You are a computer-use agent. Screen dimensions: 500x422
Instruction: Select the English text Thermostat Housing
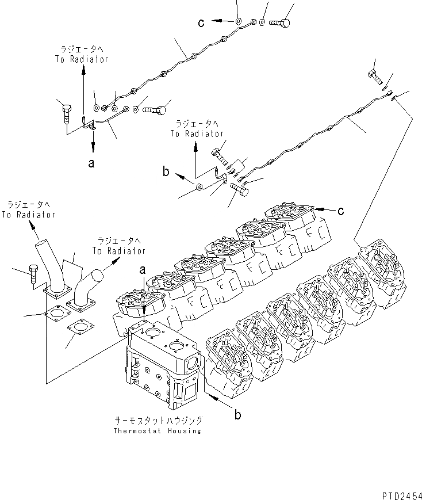(x=157, y=431)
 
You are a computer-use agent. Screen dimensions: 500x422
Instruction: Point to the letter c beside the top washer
(x=201, y=22)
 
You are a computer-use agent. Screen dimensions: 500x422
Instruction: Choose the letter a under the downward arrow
(x=91, y=163)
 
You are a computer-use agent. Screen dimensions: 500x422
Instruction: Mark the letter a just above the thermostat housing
(x=143, y=270)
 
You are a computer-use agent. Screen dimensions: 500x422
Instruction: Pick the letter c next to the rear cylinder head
(x=340, y=212)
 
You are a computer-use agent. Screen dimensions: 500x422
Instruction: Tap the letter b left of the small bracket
(x=166, y=172)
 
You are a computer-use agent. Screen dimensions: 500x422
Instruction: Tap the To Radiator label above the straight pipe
(x=28, y=211)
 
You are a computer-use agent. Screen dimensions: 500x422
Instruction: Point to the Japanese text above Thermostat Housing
(x=157, y=421)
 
